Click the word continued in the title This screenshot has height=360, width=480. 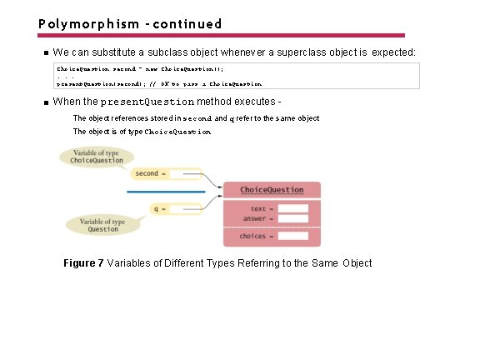pos(183,23)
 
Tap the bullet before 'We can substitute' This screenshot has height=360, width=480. pos(47,53)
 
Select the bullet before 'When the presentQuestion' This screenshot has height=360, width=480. pos(47,102)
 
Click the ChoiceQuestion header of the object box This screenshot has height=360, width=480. pos(272,190)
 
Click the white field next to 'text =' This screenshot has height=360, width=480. pos(293,208)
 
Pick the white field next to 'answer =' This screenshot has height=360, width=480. pos(293,218)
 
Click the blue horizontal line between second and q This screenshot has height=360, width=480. pos(167,192)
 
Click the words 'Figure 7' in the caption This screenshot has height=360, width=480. pos(83,263)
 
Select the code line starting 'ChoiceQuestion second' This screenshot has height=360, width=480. pos(139,67)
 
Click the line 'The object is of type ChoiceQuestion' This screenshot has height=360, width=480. pos(142,132)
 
